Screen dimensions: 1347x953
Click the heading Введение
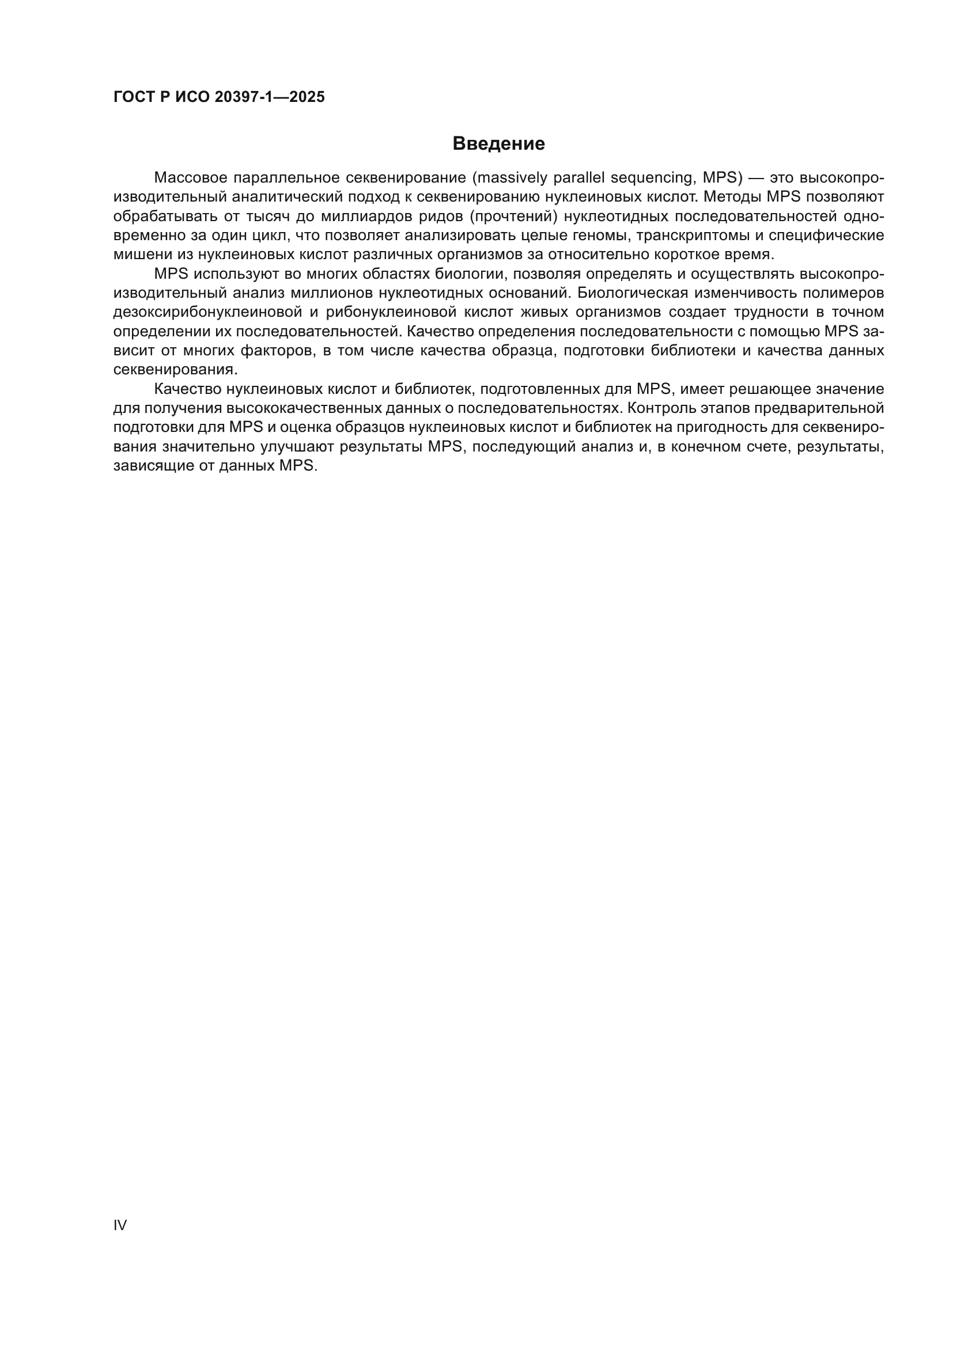498,144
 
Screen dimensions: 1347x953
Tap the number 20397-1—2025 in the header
269,97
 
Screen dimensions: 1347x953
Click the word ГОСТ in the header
133,97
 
